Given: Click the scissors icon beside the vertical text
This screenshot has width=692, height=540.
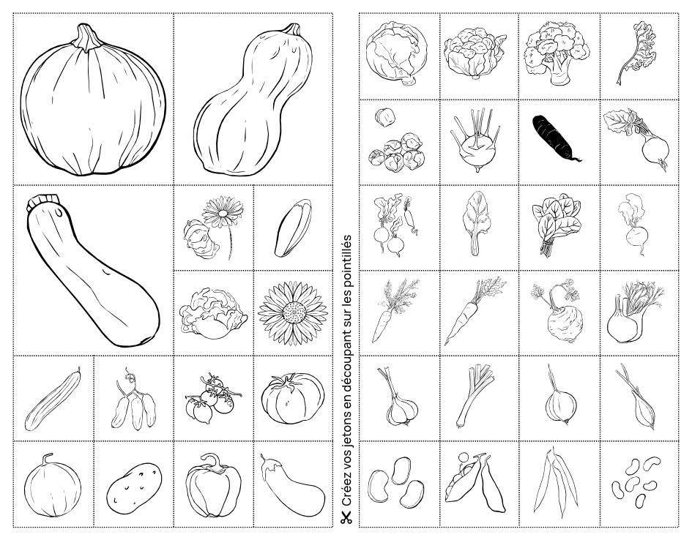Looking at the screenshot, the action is (346, 517).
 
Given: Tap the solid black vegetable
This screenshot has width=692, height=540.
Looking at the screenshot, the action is (556, 138).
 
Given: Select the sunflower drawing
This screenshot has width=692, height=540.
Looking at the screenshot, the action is (293, 312).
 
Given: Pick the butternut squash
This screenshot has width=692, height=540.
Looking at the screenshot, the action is (253, 102).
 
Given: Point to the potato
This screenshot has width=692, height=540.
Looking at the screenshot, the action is (134, 488).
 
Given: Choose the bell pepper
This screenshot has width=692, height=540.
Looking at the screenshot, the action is (213, 485).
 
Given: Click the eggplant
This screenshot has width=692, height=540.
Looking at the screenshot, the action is (291, 485).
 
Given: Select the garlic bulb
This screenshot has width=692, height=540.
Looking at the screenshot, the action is (399, 400).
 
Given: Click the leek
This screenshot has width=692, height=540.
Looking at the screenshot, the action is (475, 396).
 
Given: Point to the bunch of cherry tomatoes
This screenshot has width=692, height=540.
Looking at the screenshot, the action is (212, 398).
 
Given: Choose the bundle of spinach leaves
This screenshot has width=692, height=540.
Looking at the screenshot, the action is (556, 223).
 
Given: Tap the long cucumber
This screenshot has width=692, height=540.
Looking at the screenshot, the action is (53, 400).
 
